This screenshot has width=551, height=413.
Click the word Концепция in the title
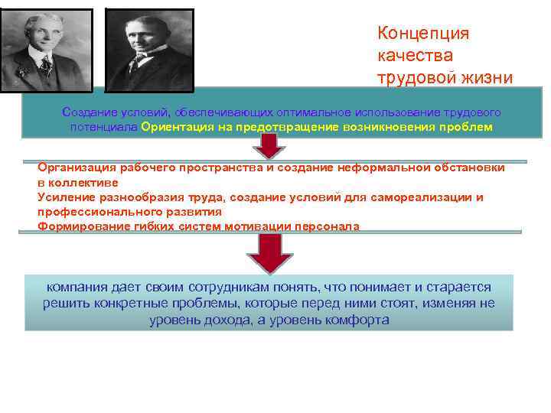[423, 34]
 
